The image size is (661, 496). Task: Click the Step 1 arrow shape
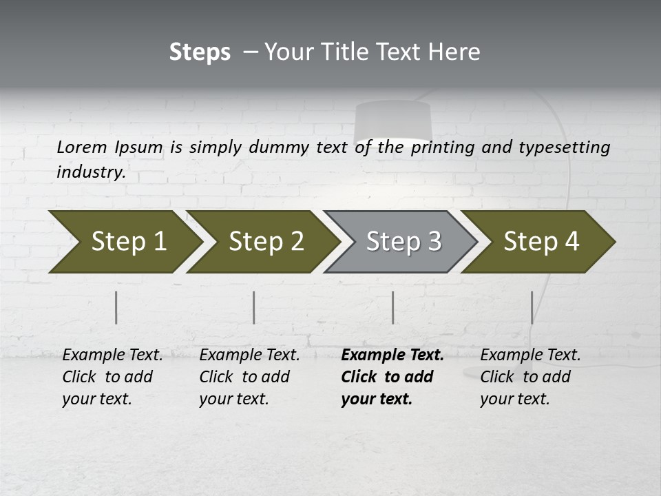tap(124, 242)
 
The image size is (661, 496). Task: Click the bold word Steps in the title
tap(200, 52)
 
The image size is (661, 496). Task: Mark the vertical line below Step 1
tap(116, 307)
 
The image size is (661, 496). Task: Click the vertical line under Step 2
tap(254, 307)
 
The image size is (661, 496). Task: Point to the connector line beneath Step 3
tap(392, 307)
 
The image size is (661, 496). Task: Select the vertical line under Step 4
tap(532, 307)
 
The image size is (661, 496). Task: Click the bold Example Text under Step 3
tap(392, 355)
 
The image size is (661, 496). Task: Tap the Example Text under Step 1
tap(112, 355)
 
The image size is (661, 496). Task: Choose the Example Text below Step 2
tap(249, 355)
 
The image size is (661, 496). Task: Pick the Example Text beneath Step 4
tap(530, 355)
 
